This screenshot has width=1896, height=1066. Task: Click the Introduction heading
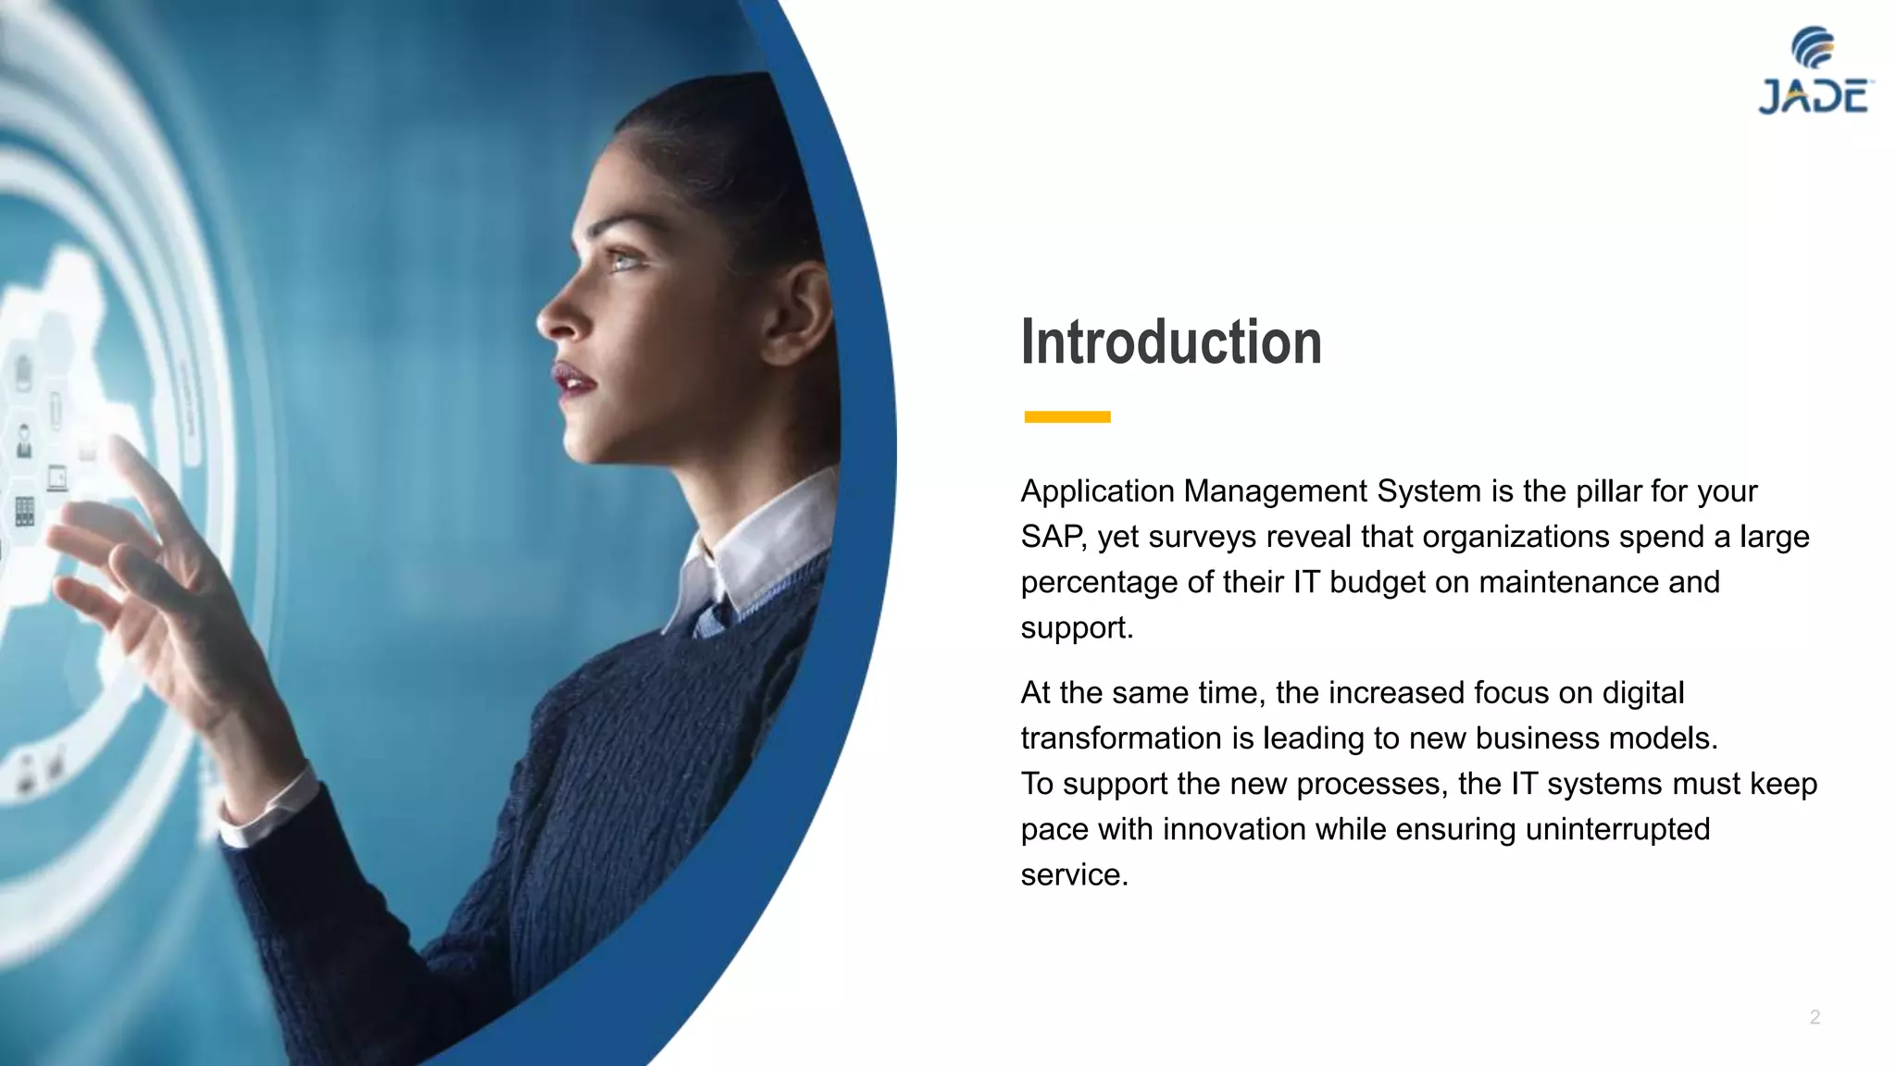1170,342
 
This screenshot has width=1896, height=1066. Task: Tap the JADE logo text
1814,97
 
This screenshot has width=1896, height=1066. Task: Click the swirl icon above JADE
1813,46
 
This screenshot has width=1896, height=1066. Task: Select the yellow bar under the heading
1066,417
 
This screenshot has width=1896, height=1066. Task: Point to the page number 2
1815,1017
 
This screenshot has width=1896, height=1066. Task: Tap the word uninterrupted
1616,829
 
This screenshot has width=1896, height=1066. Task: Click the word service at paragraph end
1073,874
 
